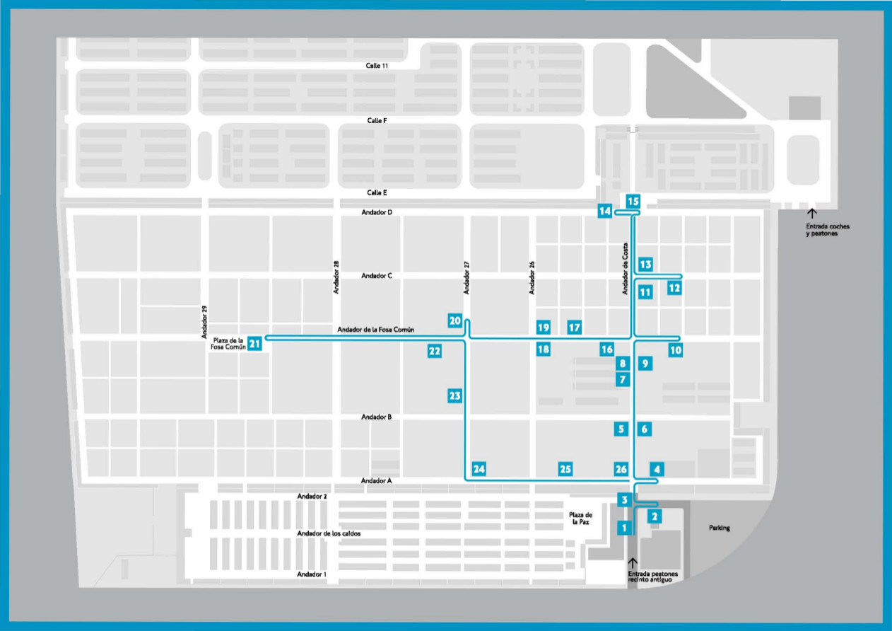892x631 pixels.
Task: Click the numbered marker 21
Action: (255, 344)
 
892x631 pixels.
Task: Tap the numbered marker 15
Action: (633, 200)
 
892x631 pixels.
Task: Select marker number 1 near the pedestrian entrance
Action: (623, 527)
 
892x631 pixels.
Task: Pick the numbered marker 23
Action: (454, 396)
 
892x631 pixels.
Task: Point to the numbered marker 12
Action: (674, 288)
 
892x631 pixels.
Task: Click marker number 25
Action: (565, 469)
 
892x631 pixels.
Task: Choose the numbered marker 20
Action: (455, 320)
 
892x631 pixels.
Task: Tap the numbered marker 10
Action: (676, 349)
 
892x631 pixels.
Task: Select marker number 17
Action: (575, 327)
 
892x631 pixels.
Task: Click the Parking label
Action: (720, 528)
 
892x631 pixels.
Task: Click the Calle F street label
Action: (377, 121)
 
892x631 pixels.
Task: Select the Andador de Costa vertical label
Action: (625, 268)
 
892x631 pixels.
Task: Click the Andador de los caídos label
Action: (329, 533)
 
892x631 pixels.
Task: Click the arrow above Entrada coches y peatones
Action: (811, 213)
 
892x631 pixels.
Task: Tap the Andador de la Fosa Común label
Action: (375, 330)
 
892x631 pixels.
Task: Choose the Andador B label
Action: (376, 417)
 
